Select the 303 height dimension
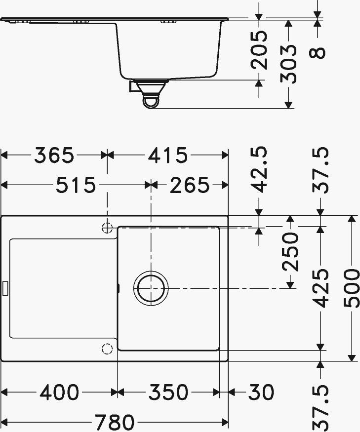(x=289, y=64)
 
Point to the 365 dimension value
(x=54, y=156)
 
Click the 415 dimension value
(x=167, y=156)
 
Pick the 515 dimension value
(x=75, y=186)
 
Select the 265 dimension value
(x=190, y=186)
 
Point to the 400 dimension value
(x=59, y=393)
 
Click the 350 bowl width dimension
(x=168, y=393)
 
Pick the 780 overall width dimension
(x=115, y=423)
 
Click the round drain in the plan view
(x=151, y=288)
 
